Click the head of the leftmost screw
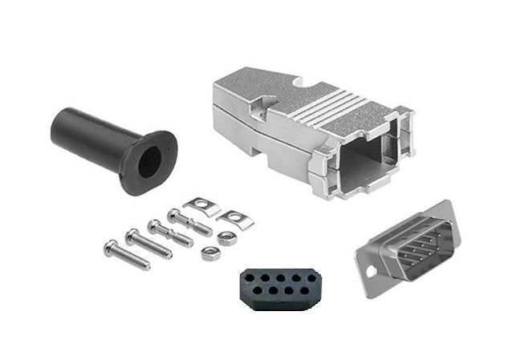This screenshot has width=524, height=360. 109,243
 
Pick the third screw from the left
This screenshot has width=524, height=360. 169,233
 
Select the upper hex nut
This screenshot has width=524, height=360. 227,237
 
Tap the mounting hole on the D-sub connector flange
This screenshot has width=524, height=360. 370,270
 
